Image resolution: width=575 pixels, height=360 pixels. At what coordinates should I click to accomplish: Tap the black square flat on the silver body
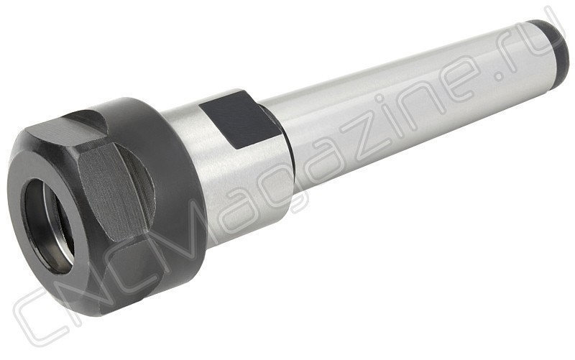tap(240, 119)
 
